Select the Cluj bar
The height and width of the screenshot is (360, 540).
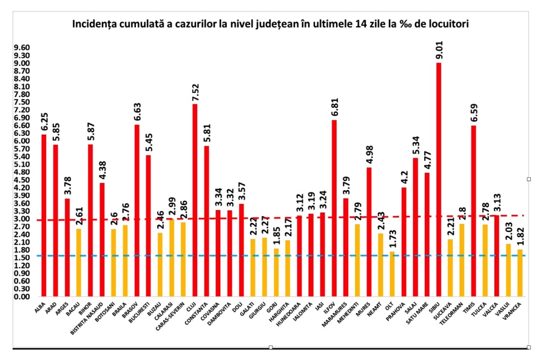tap(195, 200)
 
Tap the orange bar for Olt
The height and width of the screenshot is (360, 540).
tap(393, 274)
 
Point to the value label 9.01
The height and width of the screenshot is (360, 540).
tap(438, 50)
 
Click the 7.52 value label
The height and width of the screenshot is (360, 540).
tap(195, 92)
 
